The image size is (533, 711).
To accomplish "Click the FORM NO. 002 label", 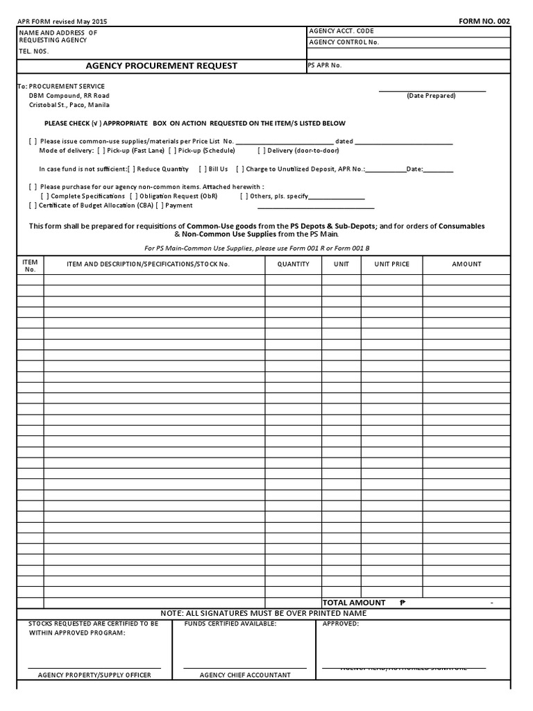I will pos(484,22).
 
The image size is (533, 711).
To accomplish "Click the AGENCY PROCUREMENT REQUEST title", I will pos(161,66).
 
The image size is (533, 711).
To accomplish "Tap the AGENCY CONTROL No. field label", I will pos(344,42).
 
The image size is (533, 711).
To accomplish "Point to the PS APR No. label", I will pos(325,65).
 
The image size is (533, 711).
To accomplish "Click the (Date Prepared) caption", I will pos(431,96).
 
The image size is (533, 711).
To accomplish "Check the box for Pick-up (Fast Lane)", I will pos(101,151).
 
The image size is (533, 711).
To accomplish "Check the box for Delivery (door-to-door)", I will pos(261,151).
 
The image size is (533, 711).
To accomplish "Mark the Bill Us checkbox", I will pos(202,169).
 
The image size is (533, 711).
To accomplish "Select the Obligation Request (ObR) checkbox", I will pos(133,196).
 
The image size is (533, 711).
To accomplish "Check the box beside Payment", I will pos(160,206).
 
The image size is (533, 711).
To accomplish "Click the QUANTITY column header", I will pos(293,264).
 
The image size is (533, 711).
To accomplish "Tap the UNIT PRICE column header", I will pos(391,264).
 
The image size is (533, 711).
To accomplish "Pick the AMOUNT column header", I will pos(466,264).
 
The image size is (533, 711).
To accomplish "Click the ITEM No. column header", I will pos(30,265).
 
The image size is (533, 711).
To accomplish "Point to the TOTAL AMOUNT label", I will pos(353,603).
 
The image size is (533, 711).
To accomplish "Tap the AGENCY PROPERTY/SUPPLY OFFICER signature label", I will pos(94,675).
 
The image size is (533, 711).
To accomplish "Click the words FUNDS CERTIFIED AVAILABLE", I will pos(230,624).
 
